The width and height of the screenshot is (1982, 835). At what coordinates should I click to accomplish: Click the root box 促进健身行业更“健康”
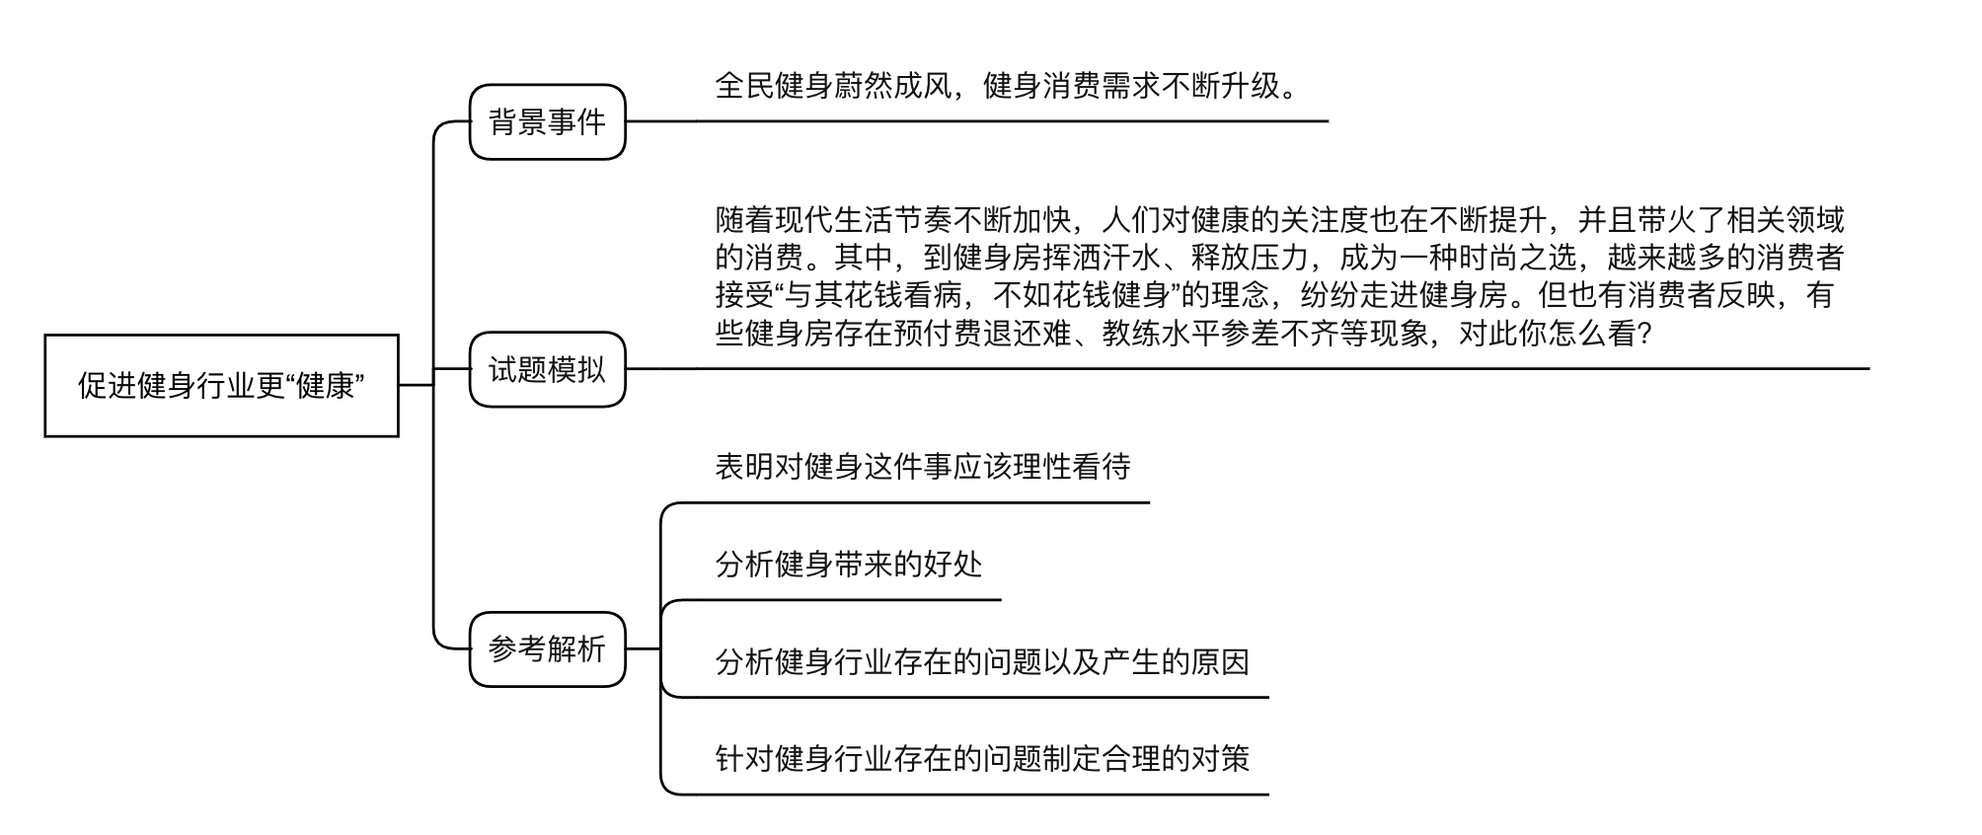pos(221,385)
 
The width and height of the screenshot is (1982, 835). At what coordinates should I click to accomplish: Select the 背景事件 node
pos(547,122)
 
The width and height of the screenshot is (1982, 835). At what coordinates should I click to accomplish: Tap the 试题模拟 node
pos(547,369)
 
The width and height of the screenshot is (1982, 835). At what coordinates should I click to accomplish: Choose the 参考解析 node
pos(547,649)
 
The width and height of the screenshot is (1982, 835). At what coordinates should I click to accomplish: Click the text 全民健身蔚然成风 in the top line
pos(833,86)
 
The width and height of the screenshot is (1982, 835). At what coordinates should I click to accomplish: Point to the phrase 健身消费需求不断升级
pos(1131,86)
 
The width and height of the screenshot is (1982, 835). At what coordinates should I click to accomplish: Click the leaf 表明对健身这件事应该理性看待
pos(923,466)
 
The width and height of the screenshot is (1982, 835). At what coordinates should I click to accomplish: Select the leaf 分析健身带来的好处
pos(849,564)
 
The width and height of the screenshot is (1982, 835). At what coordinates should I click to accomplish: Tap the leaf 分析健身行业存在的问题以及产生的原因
pos(982,661)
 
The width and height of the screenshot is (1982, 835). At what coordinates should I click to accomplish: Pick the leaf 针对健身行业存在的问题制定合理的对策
pos(982,758)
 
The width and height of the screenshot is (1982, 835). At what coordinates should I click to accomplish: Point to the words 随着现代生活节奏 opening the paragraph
pos(833,218)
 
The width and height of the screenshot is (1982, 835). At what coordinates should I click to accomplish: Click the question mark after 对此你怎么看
pos(1643,334)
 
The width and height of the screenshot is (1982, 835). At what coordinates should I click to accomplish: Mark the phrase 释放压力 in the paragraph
pos(1251,258)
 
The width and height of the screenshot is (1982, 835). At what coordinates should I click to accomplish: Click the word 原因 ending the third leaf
pos(1221,661)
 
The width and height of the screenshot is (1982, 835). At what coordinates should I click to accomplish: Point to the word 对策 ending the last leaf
pos(1221,758)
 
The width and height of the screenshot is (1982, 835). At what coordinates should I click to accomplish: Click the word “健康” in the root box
pos(325,385)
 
